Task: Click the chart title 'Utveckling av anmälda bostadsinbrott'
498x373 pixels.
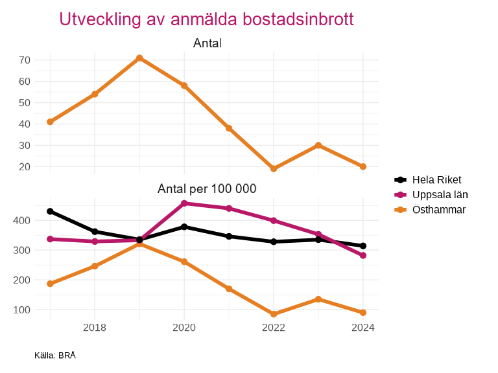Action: coord(206,19)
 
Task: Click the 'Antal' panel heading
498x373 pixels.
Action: coord(207,43)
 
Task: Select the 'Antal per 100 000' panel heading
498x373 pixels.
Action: coord(207,189)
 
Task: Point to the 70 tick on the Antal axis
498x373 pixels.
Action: coord(25,60)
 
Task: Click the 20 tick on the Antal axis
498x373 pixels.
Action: coord(25,166)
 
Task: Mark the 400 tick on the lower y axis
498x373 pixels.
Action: coord(22,221)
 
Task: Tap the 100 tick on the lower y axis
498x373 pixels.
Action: coord(22,310)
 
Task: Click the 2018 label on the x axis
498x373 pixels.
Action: coord(95,328)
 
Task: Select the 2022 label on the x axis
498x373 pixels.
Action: coord(274,328)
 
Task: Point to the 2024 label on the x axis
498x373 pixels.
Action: coord(363,328)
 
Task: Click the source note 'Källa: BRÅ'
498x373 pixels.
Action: coord(55,356)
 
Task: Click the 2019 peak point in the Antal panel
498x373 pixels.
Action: coord(139,58)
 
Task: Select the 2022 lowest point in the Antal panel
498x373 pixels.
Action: coord(274,169)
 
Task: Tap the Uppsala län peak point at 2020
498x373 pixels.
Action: coord(184,203)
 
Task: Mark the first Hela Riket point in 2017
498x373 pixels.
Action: coord(50,212)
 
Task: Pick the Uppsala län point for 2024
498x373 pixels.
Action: coord(363,255)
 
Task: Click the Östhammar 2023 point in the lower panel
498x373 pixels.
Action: coord(318,299)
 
